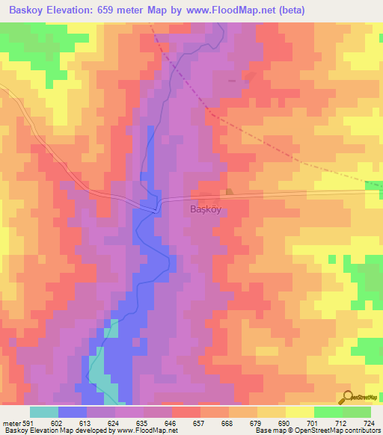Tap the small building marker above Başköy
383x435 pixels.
(x=229, y=192)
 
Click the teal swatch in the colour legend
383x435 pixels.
(x=44, y=412)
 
